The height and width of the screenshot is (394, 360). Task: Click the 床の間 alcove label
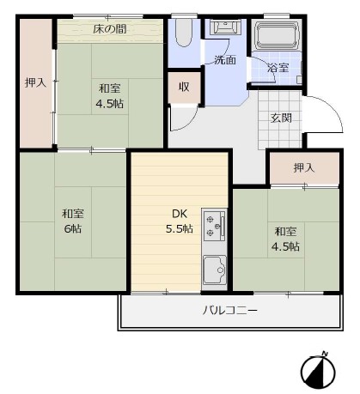click(x=110, y=29)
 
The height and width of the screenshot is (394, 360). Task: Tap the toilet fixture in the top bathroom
click(x=184, y=33)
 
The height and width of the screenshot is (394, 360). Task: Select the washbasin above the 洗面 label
click(x=225, y=27)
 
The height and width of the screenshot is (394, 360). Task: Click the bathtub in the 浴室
click(x=277, y=36)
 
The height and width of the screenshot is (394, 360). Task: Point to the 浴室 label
click(x=278, y=68)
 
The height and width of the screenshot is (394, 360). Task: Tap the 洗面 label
click(x=225, y=60)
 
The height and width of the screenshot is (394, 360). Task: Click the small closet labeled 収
click(x=184, y=87)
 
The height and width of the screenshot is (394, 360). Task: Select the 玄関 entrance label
click(x=281, y=118)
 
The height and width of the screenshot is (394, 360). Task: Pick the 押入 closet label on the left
click(x=35, y=82)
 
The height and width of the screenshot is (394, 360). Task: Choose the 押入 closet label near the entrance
click(x=304, y=167)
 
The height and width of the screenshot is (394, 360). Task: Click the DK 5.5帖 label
click(x=180, y=221)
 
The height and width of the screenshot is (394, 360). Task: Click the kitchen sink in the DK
click(x=215, y=270)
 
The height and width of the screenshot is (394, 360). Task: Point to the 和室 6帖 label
click(x=73, y=221)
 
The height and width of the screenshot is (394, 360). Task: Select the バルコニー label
click(x=230, y=310)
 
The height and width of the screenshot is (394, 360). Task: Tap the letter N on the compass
click(x=325, y=354)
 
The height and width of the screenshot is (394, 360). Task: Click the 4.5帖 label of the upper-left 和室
click(x=110, y=104)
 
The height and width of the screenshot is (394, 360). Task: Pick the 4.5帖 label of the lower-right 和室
click(x=285, y=246)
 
